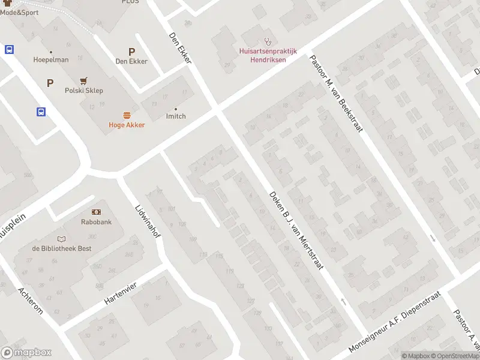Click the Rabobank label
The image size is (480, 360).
(x=97, y=222)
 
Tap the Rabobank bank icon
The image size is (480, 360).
(x=96, y=212)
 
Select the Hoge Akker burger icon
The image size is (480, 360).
(x=127, y=115)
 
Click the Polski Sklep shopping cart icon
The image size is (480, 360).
(x=84, y=81)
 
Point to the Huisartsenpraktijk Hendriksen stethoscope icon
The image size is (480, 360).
(x=268, y=42)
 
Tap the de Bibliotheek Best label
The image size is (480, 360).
(x=62, y=248)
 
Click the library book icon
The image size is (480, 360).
(x=62, y=238)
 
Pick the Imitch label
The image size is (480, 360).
(x=176, y=116)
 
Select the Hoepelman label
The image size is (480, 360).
(x=51, y=60)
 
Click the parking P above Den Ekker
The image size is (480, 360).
(x=131, y=52)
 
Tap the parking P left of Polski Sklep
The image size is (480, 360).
(x=50, y=83)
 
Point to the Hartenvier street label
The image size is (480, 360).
(x=121, y=292)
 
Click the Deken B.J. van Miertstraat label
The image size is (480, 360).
(x=296, y=230)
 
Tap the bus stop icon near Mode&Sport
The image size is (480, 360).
(x=10, y=50)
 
